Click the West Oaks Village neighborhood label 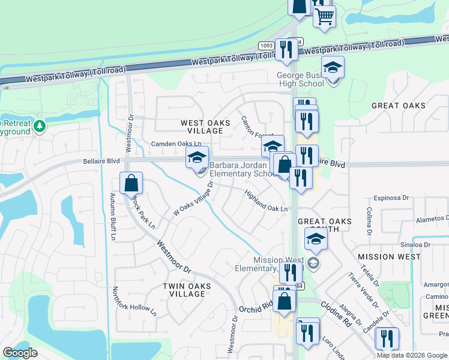click(206, 127)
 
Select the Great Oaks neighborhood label click(398, 106)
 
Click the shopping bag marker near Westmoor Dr click(131, 183)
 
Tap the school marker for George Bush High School click(333, 68)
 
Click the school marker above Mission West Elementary click(316, 239)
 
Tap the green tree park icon click(40, 127)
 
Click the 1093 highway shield click(267, 46)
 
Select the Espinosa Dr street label click(390, 197)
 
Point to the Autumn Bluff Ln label click(112, 217)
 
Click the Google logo click(20, 353)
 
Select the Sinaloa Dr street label click(411, 245)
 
